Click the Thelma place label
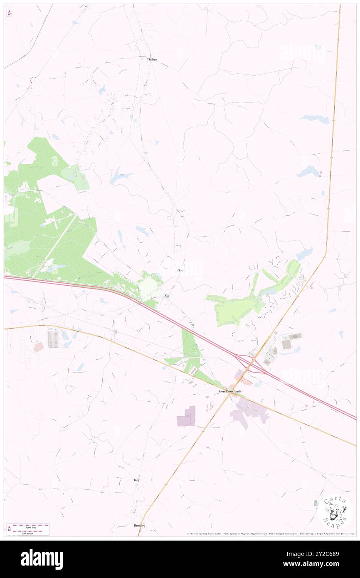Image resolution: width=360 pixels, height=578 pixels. [x=152, y=59]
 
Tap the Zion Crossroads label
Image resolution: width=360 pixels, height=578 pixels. [x=230, y=391]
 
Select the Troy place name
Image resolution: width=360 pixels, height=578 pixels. [x=136, y=480]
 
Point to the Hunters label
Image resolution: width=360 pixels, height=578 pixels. [x=139, y=525]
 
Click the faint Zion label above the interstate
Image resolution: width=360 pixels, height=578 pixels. [x=180, y=270]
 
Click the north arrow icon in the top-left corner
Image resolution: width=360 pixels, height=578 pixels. [x=9, y=12]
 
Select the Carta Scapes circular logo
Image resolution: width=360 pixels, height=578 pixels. [x=335, y=511]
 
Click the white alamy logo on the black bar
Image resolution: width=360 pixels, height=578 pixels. [x=42, y=559]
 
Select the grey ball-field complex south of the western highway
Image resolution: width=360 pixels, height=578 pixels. [x=54, y=337]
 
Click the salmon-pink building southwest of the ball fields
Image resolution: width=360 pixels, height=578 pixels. [x=38, y=347]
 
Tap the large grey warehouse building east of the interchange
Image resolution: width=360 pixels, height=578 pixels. [x=286, y=344]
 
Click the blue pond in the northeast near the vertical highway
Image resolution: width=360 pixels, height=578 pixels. [x=316, y=119]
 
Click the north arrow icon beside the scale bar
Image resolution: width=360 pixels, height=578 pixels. [x=9, y=529]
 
